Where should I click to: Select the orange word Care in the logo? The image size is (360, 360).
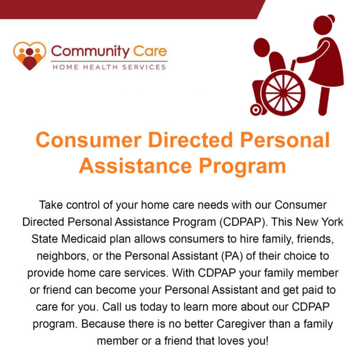pyautogui.click(x=150, y=51)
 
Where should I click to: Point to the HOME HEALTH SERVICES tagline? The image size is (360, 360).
pyautogui.click(x=109, y=67)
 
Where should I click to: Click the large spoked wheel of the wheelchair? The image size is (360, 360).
pyautogui.click(x=283, y=93)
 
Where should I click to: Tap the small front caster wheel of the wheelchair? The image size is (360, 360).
pyautogui.click(x=256, y=110)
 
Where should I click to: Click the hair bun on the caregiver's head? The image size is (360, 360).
pyautogui.click(x=331, y=18)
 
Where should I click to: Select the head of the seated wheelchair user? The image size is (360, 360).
pyautogui.click(x=261, y=47)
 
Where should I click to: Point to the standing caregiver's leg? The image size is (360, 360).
pyautogui.click(x=324, y=101)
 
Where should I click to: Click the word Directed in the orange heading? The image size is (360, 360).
pyautogui.click(x=191, y=140)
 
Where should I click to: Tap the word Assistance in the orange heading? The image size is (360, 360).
pyautogui.click(x=136, y=166)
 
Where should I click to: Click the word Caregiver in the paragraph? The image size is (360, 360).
pyautogui.click(x=241, y=324)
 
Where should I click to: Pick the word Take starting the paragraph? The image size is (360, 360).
pyautogui.click(x=51, y=205)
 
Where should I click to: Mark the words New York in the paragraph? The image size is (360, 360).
pyautogui.click(x=319, y=222)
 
